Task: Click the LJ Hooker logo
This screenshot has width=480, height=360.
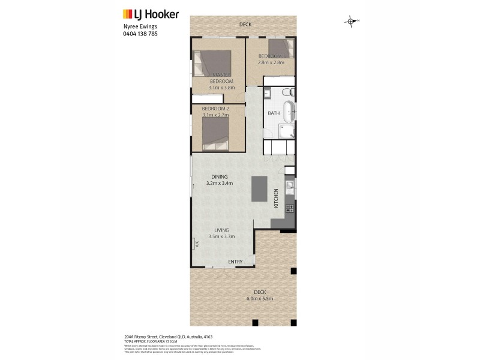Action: (150, 14)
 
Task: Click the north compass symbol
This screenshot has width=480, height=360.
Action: (351, 22)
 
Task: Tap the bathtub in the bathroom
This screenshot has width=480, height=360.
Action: (289, 112)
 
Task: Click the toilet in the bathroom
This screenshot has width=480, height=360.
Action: (287, 92)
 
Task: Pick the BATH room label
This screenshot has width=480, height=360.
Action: (273, 113)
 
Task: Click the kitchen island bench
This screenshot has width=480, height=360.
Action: (259, 189)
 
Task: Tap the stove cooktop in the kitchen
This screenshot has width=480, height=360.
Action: (290, 209)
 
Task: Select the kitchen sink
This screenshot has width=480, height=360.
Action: (289, 187)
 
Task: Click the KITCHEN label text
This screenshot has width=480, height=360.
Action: (276, 198)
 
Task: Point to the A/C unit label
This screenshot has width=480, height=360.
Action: (195, 244)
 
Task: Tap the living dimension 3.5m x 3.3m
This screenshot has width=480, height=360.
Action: (221, 236)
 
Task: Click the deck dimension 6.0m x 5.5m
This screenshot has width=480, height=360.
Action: (260, 298)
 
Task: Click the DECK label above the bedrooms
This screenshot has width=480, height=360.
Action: (245, 25)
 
